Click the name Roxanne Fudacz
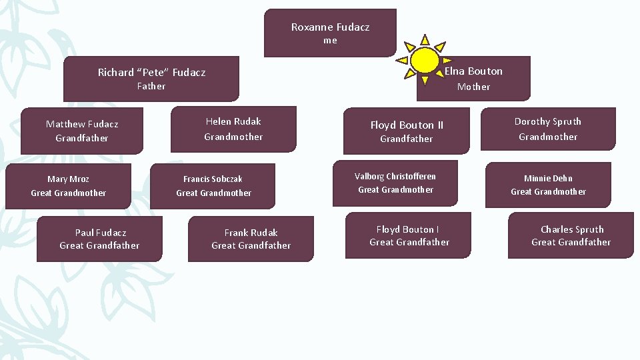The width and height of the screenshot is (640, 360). coord(330,27)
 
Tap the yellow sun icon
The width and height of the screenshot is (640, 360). coord(425,60)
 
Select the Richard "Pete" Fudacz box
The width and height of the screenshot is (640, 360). coord(151,79)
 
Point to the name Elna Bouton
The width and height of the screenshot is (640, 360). coord(473,71)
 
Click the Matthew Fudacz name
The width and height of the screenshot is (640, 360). coord(82,124)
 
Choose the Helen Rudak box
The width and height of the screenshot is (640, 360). coord(233,129)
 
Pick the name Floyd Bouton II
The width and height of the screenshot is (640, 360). coord(407,125)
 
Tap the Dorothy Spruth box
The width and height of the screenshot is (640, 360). coord(547,129)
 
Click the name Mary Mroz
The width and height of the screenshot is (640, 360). coord(68,179)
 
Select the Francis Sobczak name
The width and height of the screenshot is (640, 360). coord(213,179)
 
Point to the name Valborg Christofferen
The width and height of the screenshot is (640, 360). coord(395,177)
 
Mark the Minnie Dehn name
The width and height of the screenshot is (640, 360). coord(548,179)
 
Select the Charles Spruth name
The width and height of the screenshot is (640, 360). coord(572,229)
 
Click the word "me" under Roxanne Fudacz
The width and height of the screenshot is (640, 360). coord(330,41)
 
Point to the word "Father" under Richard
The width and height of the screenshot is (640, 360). coord(151,86)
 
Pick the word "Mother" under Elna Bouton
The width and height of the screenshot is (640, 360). coord(473,87)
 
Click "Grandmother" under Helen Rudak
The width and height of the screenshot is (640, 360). coord(233,137)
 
